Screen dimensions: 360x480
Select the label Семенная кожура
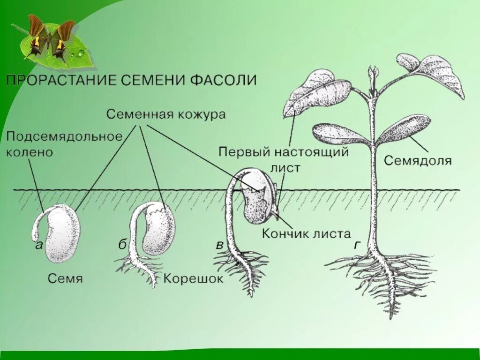click(166, 114)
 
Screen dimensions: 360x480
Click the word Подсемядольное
click(64, 136)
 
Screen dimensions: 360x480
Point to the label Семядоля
click(418, 161)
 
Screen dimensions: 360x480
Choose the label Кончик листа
click(306, 233)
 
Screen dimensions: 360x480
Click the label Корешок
click(194, 279)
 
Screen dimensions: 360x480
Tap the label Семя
click(65, 278)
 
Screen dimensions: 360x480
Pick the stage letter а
click(39, 245)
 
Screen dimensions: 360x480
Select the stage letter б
click(122, 245)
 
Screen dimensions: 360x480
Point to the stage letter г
click(358, 245)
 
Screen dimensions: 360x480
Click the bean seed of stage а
click(63, 233)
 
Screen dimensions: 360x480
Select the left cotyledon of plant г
click(339, 134)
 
